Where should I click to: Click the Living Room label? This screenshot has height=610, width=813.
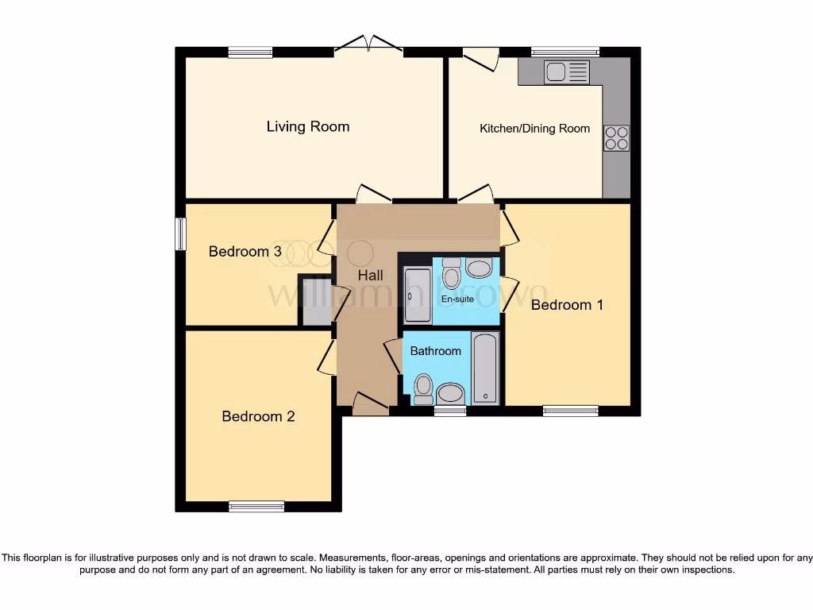tap(307, 126)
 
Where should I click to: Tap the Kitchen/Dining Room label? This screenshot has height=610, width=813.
tap(534, 128)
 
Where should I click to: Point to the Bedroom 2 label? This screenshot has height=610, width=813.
tap(258, 416)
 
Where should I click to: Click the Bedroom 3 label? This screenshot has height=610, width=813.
tap(245, 252)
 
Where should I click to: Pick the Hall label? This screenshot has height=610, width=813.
tap(370, 276)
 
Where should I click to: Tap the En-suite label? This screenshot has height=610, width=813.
tap(458, 299)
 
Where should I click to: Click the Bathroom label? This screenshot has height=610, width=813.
tap(435, 351)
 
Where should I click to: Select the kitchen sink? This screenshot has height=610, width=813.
tap(566, 73)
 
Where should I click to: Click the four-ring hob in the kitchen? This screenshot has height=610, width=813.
tap(616, 138)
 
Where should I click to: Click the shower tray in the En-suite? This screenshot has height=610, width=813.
tap(417, 295)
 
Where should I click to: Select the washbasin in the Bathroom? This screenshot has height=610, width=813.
tap(451, 392)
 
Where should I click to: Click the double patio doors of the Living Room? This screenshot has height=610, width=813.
tap(368, 45)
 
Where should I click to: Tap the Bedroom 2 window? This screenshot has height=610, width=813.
tap(256, 507)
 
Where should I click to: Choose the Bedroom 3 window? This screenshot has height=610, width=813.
tap(180, 234)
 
